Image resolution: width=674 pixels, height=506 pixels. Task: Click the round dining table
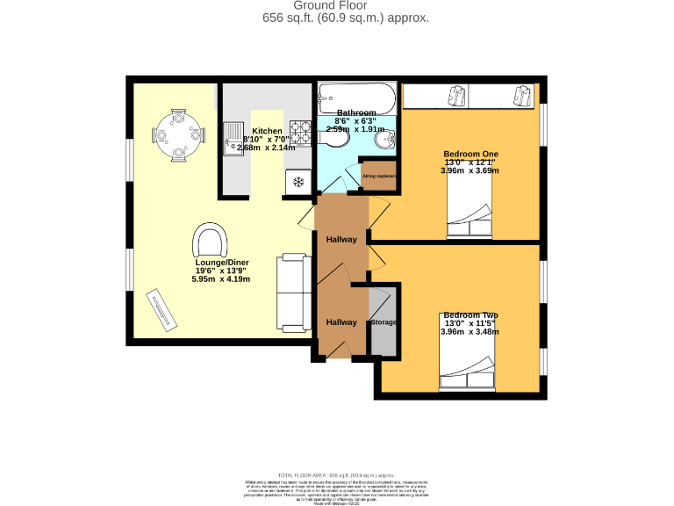coord(178,135)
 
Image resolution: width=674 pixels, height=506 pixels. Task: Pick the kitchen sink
coord(234,138)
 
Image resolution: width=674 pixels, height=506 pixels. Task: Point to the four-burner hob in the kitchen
coord(301,134)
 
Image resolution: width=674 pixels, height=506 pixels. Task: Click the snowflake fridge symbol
coord(298,182)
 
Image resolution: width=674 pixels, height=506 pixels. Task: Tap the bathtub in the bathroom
coord(356,96)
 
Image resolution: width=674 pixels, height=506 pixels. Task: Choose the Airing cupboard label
coord(379,176)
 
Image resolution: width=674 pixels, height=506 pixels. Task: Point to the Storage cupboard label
coord(384,322)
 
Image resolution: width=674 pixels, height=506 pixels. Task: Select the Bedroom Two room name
coord(470,315)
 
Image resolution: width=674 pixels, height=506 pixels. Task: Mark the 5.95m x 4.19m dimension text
coord(221,279)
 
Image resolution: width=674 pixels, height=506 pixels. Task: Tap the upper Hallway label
coord(341,240)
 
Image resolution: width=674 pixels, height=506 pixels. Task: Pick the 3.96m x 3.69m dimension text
coord(470,170)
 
